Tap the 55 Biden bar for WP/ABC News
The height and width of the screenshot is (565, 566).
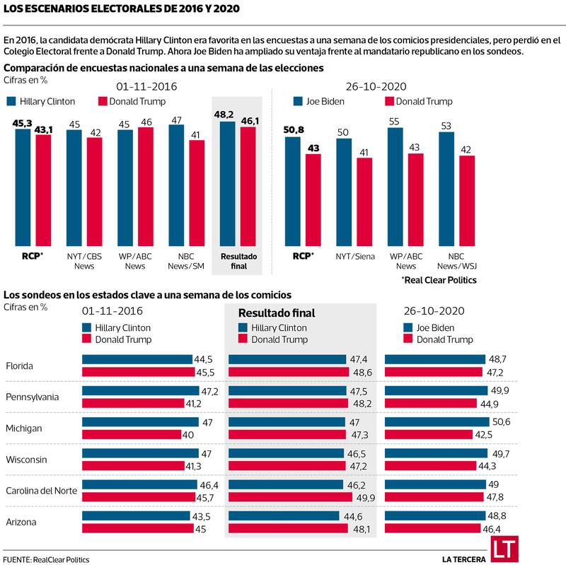tap(395, 187)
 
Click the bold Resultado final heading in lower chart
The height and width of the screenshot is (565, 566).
tap(276, 313)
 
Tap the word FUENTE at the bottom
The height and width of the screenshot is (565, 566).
tap(18, 559)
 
